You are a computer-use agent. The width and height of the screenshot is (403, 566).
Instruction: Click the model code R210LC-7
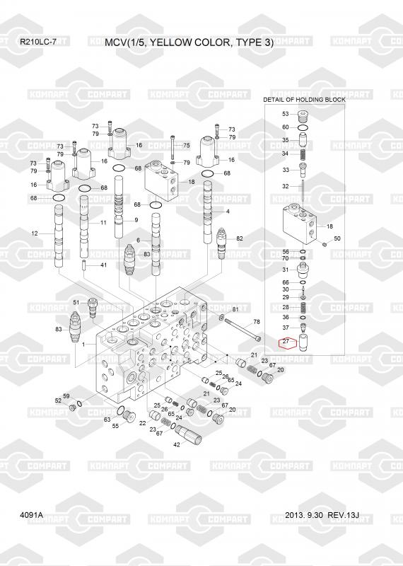[38, 42]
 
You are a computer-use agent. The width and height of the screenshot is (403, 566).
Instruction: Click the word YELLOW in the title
[170, 42]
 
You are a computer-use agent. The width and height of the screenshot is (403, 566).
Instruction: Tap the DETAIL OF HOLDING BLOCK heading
[304, 99]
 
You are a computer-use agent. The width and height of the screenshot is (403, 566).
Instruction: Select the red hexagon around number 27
[287, 342]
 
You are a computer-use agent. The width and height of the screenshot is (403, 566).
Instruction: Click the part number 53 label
[286, 114]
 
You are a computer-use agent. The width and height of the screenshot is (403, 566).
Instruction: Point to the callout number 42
[177, 445]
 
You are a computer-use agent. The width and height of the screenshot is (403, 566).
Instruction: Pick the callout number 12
[34, 233]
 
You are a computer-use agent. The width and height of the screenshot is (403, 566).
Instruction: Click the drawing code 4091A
[31, 514]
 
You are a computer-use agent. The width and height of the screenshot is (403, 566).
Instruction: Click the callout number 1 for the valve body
[83, 345]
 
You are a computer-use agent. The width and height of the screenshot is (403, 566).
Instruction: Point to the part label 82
[240, 238]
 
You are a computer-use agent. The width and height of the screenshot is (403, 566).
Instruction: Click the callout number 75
[186, 145]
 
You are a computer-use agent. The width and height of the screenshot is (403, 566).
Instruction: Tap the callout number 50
[337, 238]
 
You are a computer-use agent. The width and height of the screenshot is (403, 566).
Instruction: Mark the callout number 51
[76, 302]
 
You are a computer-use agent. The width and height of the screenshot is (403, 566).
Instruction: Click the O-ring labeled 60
[303, 127]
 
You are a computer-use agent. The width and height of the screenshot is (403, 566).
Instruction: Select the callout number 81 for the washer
[235, 309]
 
